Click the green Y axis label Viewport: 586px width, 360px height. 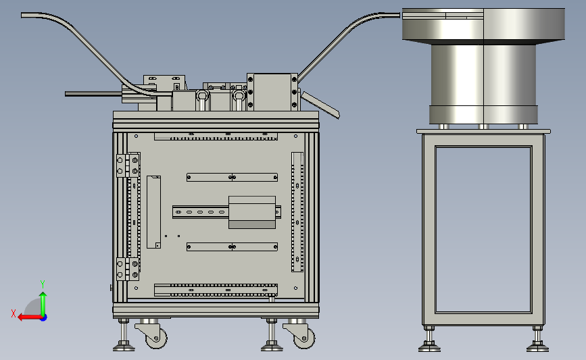pos(43,284)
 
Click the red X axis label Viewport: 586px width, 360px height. pos(14,313)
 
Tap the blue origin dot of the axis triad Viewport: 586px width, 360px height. pos(44,318)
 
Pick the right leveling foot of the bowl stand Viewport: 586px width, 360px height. pos(538,339)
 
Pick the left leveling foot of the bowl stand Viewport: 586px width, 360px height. pos(429,339)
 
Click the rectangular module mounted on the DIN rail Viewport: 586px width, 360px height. pos(252,212)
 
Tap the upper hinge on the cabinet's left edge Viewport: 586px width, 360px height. pos(128,165)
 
